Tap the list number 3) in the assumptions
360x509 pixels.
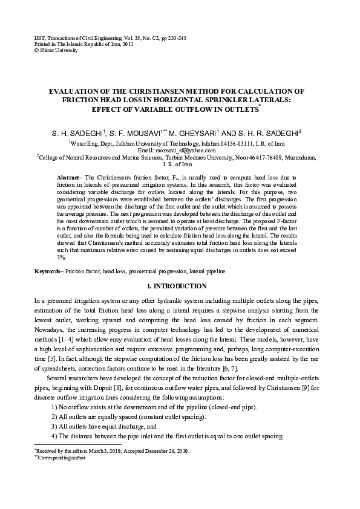coord(54,427)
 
